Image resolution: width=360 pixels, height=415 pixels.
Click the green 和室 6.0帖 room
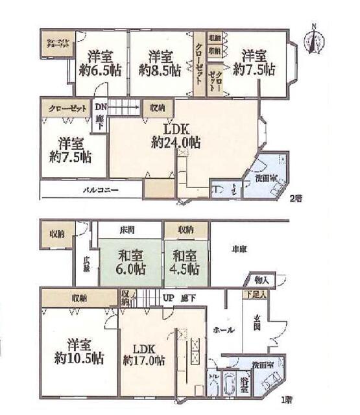[130, 263]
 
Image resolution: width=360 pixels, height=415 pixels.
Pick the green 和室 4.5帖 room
[185, 263]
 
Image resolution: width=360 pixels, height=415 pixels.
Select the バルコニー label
[99, 191]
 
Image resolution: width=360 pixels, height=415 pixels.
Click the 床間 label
[127, 230]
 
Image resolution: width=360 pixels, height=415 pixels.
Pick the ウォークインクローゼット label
[56, 45]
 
